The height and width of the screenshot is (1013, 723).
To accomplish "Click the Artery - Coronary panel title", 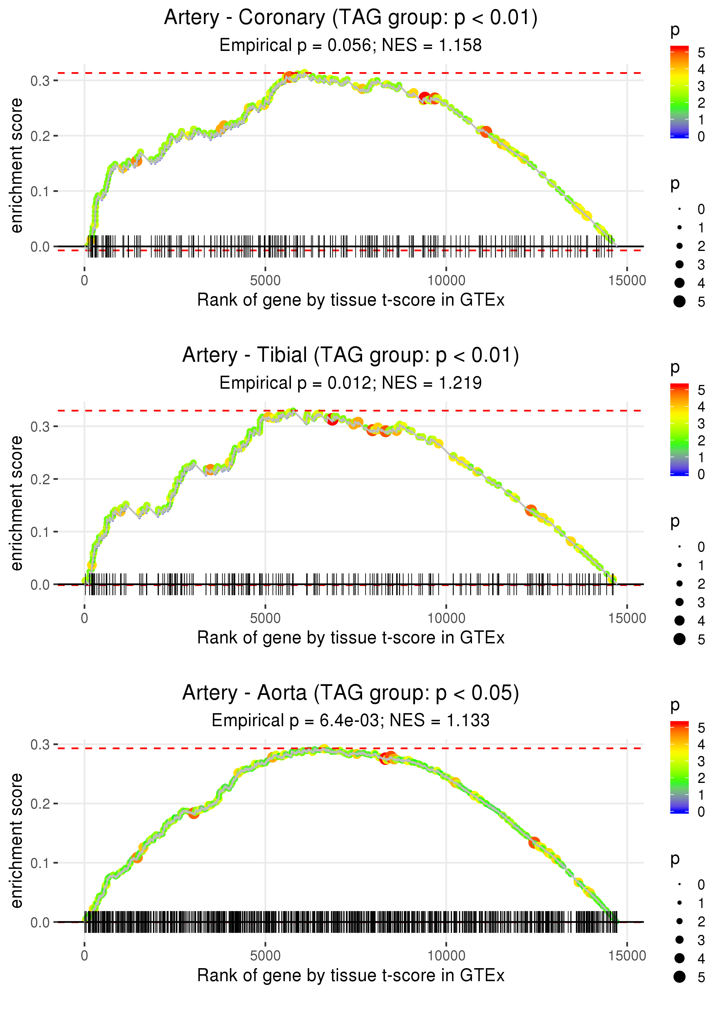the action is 351,18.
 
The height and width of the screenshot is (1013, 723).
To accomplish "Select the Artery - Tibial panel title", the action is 351,355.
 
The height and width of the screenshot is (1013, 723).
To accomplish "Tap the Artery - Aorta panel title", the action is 351,693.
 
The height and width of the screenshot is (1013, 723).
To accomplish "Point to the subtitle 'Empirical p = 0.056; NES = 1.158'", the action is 351,45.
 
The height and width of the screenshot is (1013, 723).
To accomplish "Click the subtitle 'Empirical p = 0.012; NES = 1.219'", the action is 351,383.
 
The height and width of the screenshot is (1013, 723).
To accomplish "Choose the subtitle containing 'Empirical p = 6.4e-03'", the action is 351,720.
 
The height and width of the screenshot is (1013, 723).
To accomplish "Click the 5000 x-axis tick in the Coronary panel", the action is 265,281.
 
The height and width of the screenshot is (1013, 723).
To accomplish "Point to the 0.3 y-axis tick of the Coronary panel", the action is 40,81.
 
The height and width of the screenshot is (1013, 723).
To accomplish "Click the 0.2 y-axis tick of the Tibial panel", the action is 40,479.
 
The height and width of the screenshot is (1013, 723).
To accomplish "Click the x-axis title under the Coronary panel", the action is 351,300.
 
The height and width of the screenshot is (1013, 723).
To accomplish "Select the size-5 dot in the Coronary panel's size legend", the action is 679,302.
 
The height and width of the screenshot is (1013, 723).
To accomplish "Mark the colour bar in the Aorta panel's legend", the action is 679,767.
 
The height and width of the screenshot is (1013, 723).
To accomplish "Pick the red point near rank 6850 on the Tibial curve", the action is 332,419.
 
